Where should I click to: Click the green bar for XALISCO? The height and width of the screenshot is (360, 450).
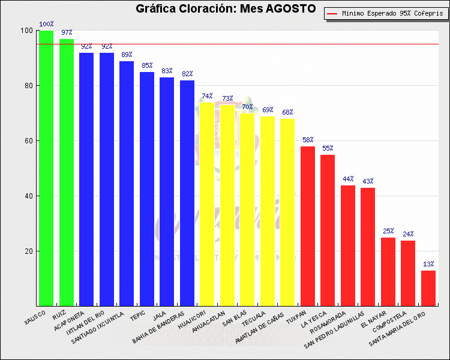coord(46,168)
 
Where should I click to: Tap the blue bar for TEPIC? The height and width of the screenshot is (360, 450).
coord(147,189)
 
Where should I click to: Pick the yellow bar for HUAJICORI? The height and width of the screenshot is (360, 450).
coord(207,204)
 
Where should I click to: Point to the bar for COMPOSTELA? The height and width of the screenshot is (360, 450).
coord(408,273)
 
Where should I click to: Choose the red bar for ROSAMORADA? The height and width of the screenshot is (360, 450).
coord(348,245)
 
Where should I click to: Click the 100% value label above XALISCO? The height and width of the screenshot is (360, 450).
coord(46,25)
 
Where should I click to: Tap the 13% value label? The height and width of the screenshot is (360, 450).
coord(428,264)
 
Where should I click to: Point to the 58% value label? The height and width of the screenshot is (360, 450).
coord(308,140)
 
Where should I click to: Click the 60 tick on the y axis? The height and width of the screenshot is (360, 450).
coord(28,141)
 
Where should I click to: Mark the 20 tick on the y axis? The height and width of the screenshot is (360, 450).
coord(28,251)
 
